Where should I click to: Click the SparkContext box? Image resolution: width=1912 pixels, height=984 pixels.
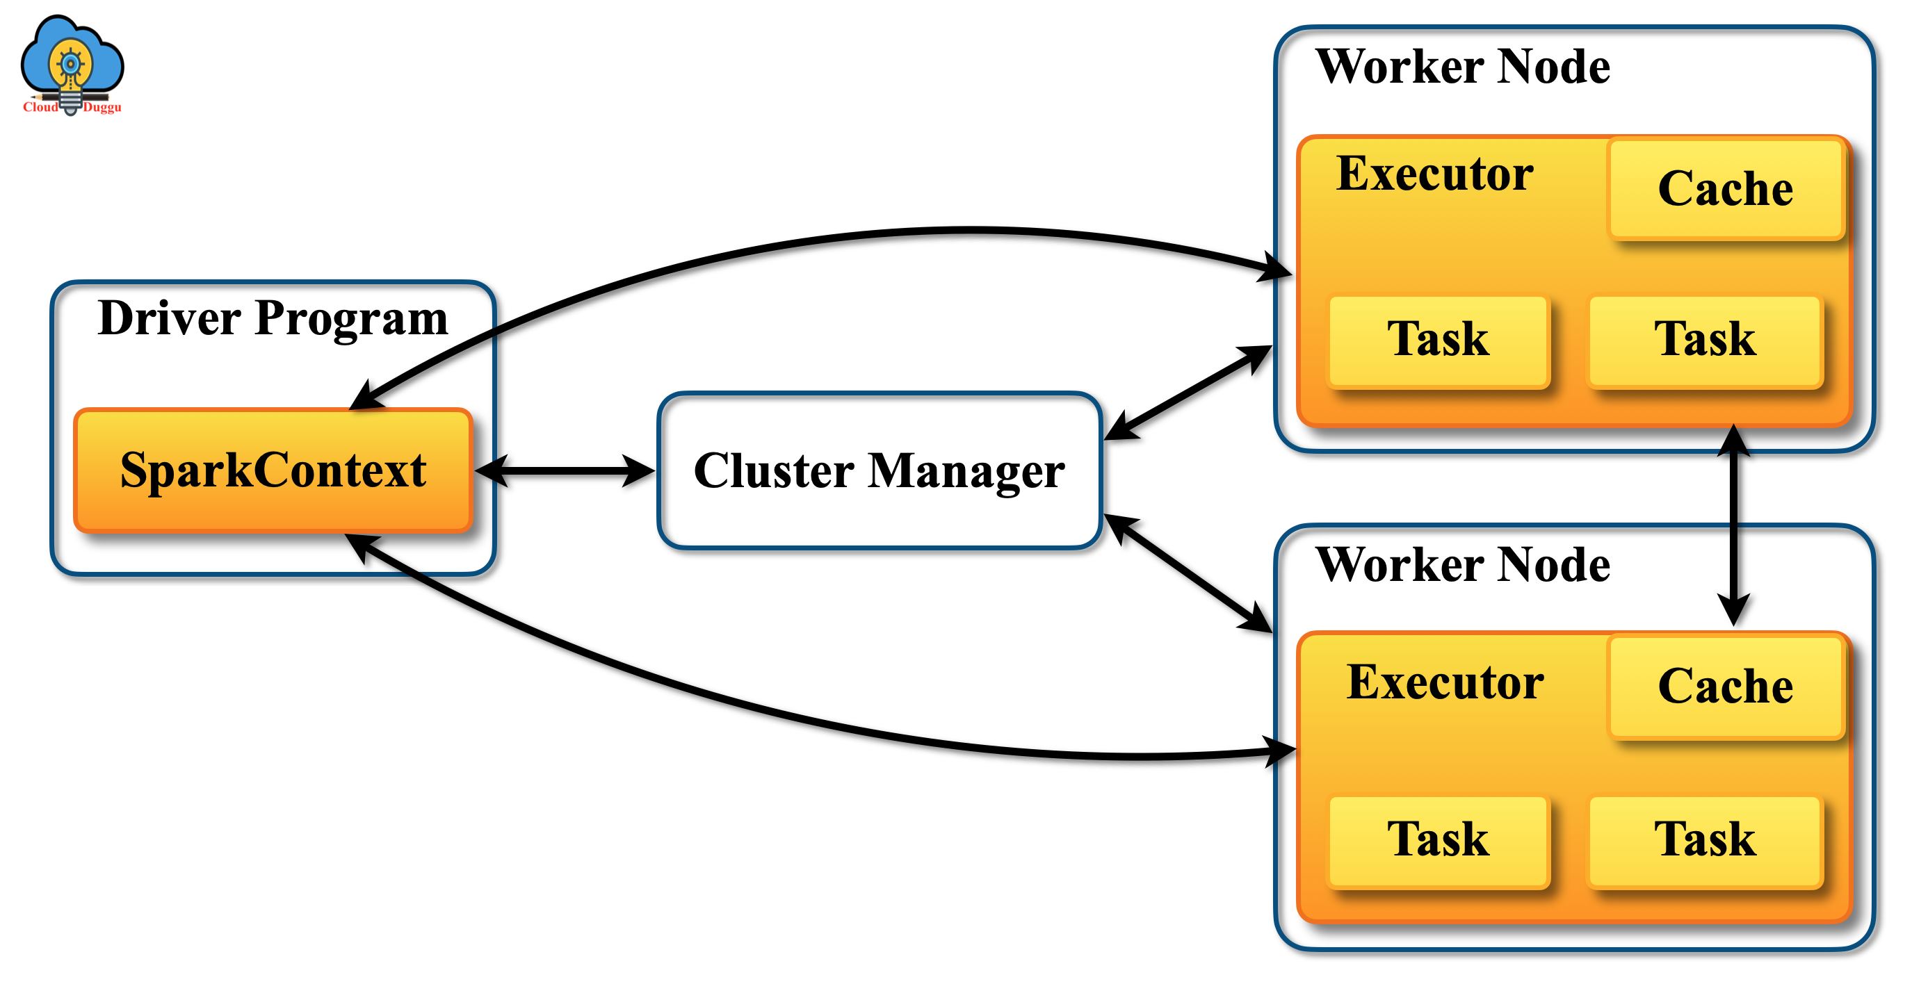(273, 470)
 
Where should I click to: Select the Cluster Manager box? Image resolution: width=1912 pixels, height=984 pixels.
(879, 470)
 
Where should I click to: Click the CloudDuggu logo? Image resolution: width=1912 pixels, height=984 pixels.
(72, 65)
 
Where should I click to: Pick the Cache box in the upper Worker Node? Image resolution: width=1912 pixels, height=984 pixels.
(1726, 188)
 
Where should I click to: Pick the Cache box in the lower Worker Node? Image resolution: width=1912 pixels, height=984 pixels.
(1726, 685)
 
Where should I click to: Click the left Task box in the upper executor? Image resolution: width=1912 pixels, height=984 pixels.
(1438, 340)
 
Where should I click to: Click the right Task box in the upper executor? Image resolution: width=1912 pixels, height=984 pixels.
(1705, 340)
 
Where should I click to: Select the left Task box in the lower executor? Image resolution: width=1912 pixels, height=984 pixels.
(1438, 840)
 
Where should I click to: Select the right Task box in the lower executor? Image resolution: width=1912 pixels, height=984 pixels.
(1705, 840)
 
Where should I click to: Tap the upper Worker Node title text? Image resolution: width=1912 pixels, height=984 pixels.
(1462, 67)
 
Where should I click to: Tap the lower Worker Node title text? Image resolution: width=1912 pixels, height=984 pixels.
(1462, 565)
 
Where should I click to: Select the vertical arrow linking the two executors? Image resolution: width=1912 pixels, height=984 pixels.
(1733, 525)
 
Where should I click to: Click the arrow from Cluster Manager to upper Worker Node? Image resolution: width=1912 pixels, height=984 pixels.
(1188, 393)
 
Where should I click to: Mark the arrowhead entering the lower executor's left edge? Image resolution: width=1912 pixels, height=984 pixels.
(1278, 751)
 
